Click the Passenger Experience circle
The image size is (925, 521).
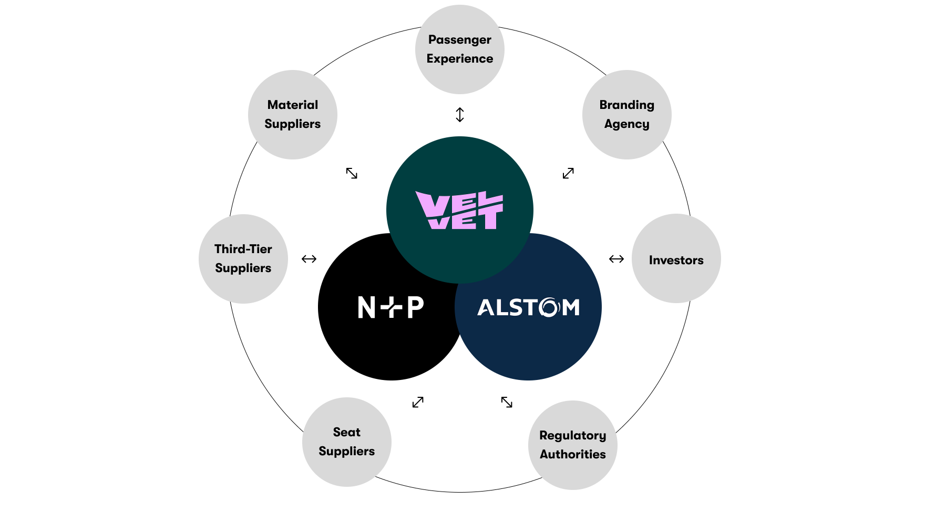[460, 49]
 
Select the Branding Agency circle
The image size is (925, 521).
[627, 115]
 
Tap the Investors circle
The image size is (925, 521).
[676, 258]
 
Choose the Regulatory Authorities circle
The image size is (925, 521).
[573, 445]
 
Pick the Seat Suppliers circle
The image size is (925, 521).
[347, 442]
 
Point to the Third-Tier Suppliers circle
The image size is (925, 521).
[243, 259]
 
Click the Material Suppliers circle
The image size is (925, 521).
[293, 115]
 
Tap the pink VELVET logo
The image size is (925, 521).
[459, 210]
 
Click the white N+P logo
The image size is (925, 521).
[390, 307]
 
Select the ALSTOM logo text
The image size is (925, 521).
[528, 307]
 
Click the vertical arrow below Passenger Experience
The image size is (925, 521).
[460, 115]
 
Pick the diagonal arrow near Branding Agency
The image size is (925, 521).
[568, 173]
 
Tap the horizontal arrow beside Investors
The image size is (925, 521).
[616, 259]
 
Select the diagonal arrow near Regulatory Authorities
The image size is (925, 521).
[507, 402]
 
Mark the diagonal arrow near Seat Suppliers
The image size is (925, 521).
[418, 402]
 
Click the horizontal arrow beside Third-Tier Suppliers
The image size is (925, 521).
[309, 259]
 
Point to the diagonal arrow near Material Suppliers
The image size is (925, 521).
[352, 173]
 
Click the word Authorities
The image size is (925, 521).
[573, 454]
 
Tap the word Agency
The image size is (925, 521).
[627, 124]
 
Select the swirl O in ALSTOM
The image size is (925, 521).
[550, 307]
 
